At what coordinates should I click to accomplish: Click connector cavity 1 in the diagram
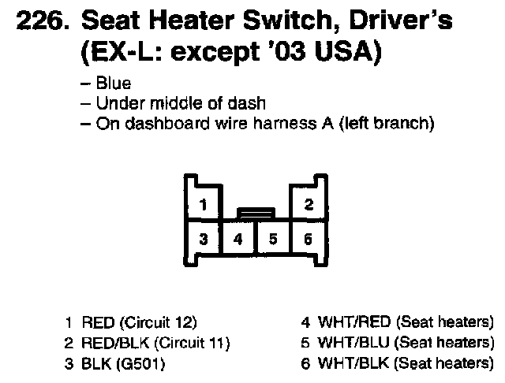[204, 206]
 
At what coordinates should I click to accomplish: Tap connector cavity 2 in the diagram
[309, 205]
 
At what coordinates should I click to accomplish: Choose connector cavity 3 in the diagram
[204, 239]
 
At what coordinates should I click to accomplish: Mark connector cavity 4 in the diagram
[238, 239]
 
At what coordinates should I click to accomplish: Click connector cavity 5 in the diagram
[273, 239]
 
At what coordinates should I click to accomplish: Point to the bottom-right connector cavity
[309, 239]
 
